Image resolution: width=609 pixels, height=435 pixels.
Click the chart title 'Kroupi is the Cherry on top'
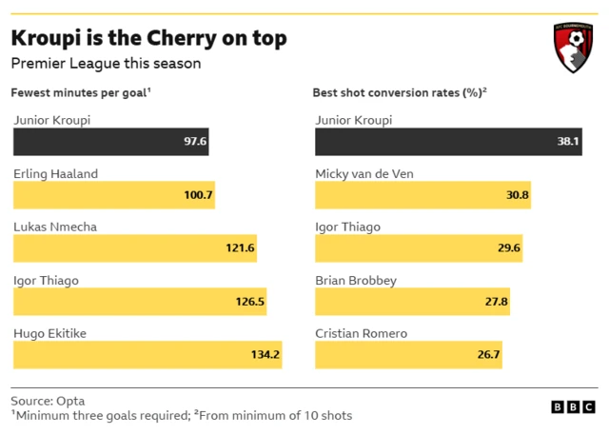[x=147, y=38]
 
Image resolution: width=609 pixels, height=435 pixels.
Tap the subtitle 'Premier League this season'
[x=106, y=64]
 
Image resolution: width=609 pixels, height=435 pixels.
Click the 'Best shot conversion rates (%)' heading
[x=400, y=93]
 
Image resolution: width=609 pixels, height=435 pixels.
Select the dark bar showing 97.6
[x=110, y=141]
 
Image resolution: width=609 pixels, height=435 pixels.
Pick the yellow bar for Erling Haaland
[x=113, y=195]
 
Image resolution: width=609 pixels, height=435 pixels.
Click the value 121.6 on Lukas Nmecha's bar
[x=240, y=248]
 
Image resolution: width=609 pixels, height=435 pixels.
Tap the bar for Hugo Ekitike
[x=147, y=355]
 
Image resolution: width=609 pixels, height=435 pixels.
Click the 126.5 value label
[x=245, y=302]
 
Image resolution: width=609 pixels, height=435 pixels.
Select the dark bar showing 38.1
[x=448, y=141]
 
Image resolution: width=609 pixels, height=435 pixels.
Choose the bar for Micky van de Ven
[x=422, y=195]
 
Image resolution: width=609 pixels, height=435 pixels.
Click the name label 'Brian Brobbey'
[x=356, y=281]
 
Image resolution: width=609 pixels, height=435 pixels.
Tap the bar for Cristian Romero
[x=409, y=355]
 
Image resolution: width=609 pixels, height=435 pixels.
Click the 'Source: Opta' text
[x=49, y=401]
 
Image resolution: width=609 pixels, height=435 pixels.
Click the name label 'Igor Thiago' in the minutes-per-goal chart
[x=46, y=281]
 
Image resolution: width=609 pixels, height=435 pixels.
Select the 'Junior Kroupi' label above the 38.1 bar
[x=353, y=121]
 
